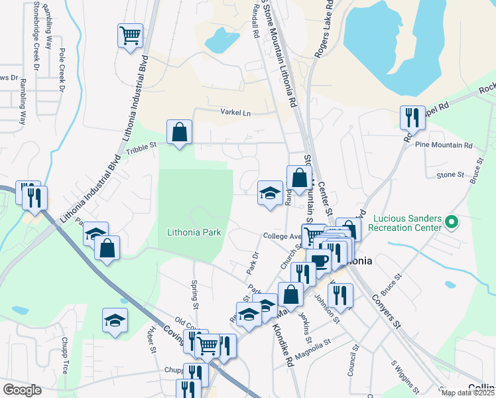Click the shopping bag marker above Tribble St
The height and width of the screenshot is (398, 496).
coord(179,131)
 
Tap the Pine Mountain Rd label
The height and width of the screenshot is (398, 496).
coord(443,145)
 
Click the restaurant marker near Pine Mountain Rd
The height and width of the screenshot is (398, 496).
coord(412,117)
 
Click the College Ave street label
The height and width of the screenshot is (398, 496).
coord(282,236)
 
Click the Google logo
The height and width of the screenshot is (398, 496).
coord(22,390)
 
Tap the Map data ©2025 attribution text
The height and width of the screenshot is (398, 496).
coord(466,393)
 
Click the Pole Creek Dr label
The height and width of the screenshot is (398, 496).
coord(62,69)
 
